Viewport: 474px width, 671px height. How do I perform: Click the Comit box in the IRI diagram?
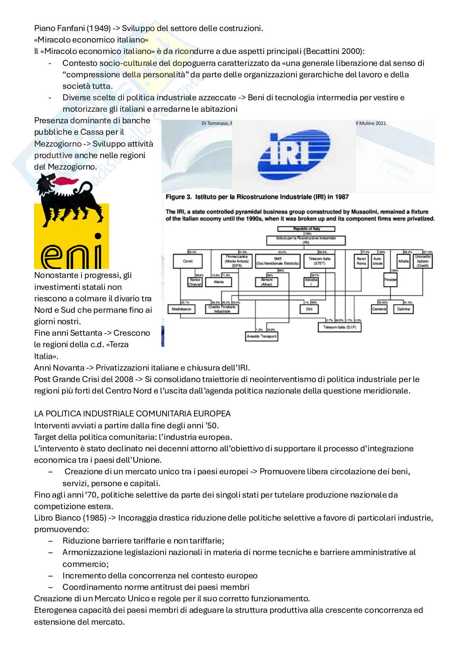188,261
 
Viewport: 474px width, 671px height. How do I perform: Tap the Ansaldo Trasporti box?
262,336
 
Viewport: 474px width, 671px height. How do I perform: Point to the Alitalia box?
403,261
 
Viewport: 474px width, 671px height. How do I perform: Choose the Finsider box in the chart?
390,280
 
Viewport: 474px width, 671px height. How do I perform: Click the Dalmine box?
403,309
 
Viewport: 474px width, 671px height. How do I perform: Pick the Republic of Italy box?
306,229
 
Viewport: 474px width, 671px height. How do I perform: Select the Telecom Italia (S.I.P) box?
340,327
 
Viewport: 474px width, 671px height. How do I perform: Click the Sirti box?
309,309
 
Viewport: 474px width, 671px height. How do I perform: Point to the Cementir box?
379,309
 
